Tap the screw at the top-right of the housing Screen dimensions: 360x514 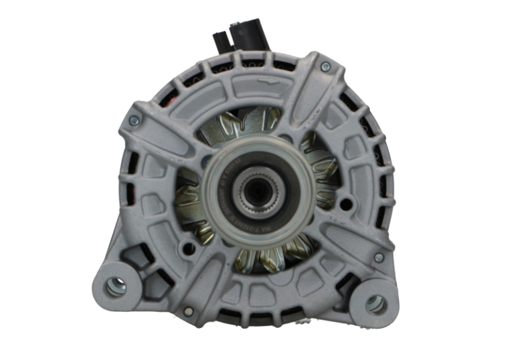click(x=325, y=66)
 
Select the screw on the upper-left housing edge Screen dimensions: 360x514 click(x=133, y=120)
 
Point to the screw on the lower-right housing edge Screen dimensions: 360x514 click(x=379, y=257)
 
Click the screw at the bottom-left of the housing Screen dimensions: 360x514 click(x=188, y=311)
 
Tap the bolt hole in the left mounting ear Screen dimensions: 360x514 click(x=116, y=286)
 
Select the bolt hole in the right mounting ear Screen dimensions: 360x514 click(x=375, y=304)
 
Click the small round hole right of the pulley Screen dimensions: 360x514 click(x=346, y=203)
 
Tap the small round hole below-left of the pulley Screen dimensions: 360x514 click(x=189, y=249)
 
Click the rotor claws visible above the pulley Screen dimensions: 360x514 click(x=254, y=124)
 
